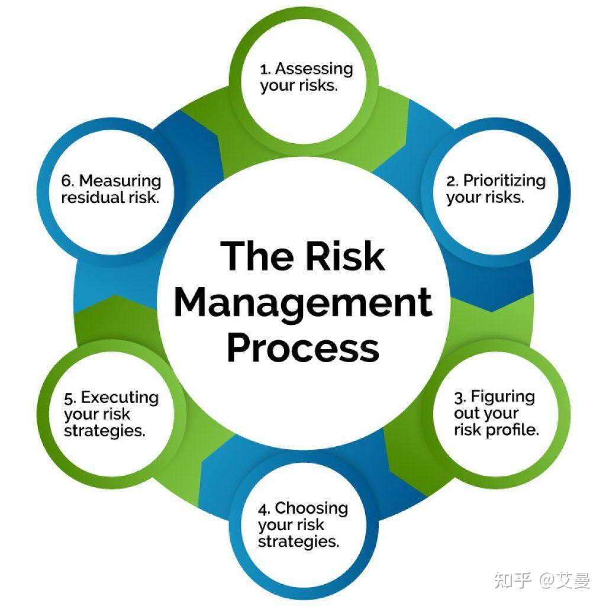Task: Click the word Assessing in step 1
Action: (x=314, y=69)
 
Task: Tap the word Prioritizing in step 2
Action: (x=504, y=180)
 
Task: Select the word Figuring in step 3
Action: (x=503, y=397)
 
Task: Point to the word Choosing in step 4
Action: (x=311, y=508)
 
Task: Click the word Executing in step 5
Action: (x=120, y=398)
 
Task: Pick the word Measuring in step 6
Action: (x=120, y=180)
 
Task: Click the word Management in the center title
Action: (x=303, y=302)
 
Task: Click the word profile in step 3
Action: (x=512, y=430)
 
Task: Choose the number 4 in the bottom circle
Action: (x=264, y=509)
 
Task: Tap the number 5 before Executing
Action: (x=69, y=398)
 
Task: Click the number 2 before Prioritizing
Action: (x=451, y=181)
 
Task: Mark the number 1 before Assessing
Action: (x=264, y=70)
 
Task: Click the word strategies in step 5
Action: (x=104, y=431)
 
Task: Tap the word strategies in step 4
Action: (x=298, y=541)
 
